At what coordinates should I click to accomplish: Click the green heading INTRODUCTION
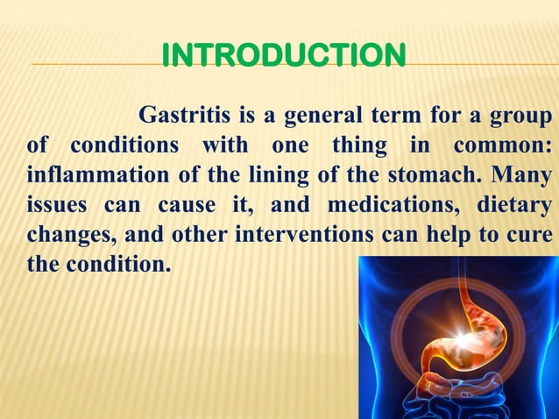pos(283,55)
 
